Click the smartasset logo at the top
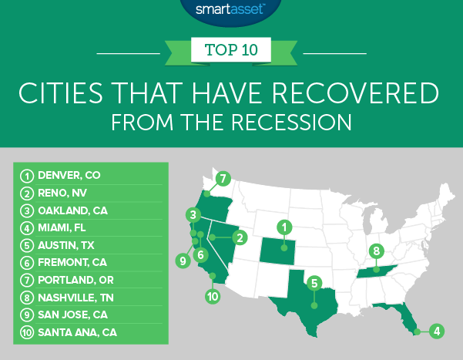point(231,11)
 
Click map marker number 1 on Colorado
point(284,227)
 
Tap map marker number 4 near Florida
point(437,332)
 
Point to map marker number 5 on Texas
point(314,283)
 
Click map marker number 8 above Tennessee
point(376,251)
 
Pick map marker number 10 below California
point(213,295)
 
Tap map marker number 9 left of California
point(183,261)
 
